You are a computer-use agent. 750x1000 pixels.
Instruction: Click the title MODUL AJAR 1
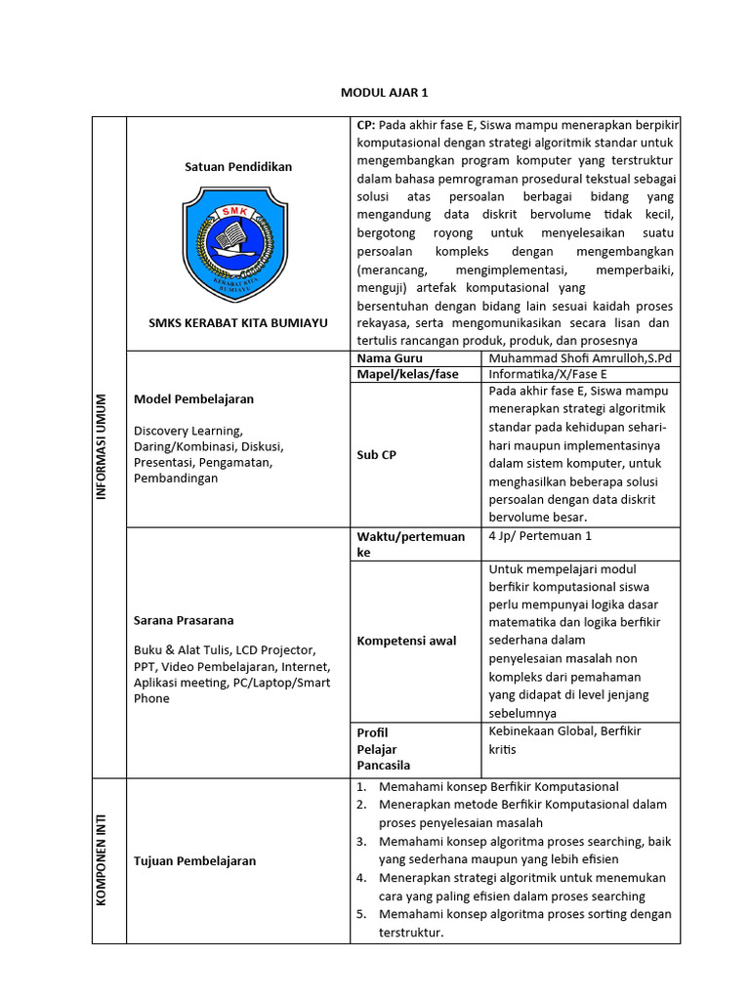click(x=384, y=93)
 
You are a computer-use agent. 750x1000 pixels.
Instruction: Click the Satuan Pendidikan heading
click(x=238, y=167)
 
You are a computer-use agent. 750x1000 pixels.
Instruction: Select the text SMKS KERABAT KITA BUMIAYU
click(x=238, y=323)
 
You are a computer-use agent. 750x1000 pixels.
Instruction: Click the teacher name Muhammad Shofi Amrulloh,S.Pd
click(x=580, y=359)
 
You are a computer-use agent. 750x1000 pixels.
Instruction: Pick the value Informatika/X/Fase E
click(x=548, y=374)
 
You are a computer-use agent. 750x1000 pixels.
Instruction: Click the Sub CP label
click(x=377, y=454)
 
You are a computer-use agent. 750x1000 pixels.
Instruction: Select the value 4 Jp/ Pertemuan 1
click(x=540, y=536)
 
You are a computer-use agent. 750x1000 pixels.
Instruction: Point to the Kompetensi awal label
click(x=406, y=641)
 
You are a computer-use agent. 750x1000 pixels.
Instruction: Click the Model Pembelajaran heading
click(x=193, y=399)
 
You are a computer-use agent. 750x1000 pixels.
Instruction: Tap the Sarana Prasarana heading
click(x=184, y=620)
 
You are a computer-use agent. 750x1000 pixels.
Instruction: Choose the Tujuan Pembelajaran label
click(x=194, y=860)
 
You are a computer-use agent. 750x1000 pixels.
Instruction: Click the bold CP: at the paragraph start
click(x=366, y=126)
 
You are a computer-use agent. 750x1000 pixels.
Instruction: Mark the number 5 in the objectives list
click(x=360, y=915)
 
